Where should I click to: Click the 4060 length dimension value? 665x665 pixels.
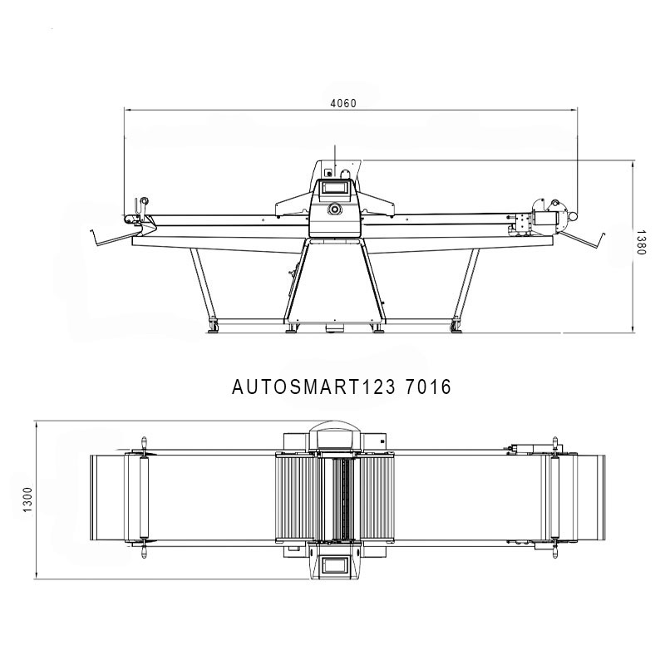pos(343,103)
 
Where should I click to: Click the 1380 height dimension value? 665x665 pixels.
pos(641,243)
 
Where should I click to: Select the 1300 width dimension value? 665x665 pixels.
pos(27,500)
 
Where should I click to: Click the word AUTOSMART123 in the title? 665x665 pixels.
pos(314,387)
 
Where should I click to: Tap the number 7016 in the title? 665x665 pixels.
pos(428,387)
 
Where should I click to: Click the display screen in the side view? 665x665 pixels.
pos(335,186)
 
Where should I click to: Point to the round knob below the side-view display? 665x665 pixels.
pos(335,209)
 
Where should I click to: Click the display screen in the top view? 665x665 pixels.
pos(335,565)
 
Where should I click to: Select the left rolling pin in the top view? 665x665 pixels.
pos(144,497)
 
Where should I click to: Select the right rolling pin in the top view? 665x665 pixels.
pos(554,497)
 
